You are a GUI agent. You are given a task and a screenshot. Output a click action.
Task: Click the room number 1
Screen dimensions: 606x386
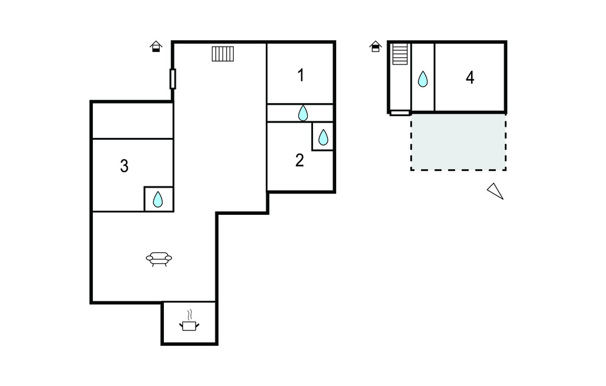coord(301,75)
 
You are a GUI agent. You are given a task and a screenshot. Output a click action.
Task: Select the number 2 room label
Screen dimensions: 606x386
coord(299,160)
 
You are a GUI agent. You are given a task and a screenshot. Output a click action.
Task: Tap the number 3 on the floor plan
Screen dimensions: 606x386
coord(124,166)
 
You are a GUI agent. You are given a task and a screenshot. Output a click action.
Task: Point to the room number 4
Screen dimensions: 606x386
coord(470,78)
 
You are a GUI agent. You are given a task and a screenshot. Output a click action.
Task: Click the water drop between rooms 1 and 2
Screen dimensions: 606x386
coord(303,113)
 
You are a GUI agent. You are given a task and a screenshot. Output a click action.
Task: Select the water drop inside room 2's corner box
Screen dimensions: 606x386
coord(323,137)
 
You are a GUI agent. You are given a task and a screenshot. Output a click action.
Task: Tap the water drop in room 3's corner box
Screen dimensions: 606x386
coord(157,200)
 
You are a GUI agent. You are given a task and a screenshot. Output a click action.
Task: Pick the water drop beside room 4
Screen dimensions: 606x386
coord(423,79)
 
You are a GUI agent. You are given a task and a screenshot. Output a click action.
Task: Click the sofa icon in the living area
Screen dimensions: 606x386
coord(159,259)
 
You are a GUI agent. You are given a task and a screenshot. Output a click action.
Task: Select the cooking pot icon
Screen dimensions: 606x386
coord(189,326)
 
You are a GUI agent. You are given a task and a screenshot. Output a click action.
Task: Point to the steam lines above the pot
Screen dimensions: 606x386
coord(189,314)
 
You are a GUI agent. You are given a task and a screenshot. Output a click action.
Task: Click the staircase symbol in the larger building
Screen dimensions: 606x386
coord(223,54)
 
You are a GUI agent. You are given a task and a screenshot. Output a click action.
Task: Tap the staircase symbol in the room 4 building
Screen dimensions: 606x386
coord(400,54)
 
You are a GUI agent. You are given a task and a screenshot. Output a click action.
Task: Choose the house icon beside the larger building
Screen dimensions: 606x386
coord(156,46)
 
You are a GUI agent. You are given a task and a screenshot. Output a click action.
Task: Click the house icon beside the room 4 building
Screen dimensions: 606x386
coord(375,46)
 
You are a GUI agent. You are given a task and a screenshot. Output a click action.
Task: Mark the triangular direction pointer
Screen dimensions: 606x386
coord(496,191)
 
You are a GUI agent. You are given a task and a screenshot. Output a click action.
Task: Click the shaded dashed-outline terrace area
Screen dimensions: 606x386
coord(459,141)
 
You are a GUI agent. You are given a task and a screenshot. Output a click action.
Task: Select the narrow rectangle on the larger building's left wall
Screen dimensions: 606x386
coord(173,79)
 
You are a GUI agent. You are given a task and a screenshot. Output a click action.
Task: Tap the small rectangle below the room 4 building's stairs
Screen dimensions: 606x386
coord(399,113)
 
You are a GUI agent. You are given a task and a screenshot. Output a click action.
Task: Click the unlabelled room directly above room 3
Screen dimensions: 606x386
coord(133,121)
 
